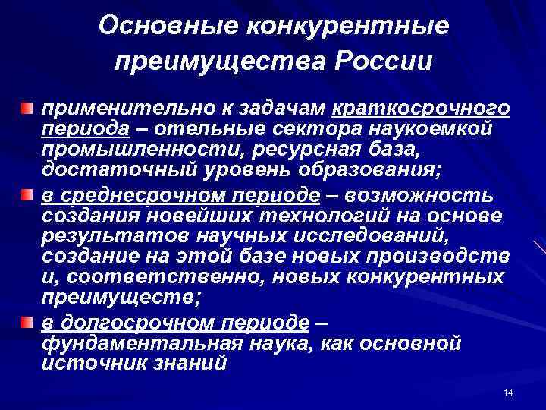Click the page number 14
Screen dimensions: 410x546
508,392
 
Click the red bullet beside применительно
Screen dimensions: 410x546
26,111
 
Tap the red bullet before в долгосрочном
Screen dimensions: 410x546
26,324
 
